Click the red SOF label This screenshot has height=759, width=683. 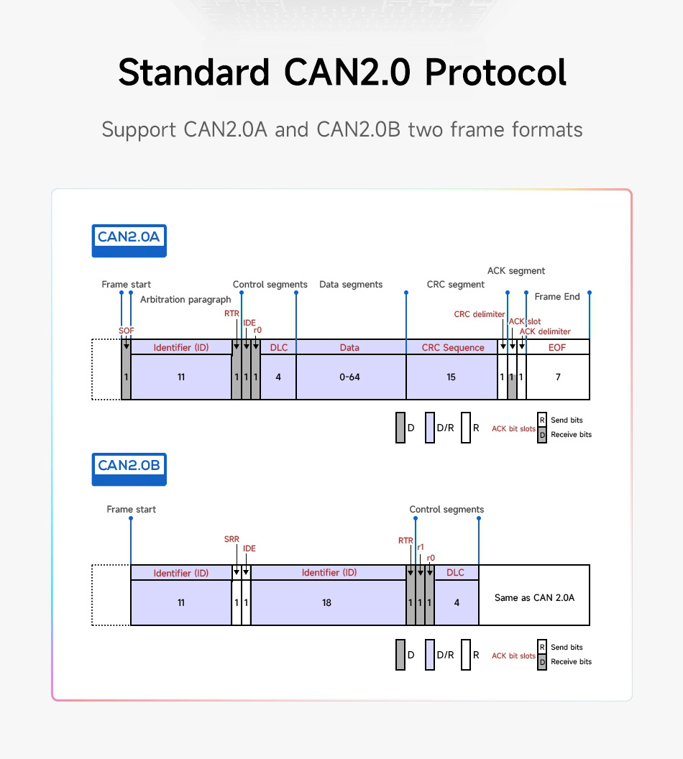coord(127,331)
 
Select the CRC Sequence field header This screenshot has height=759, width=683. coord(453,348)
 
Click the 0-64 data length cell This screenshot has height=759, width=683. coord(350,377)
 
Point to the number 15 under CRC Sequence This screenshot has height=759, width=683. coord(451,377)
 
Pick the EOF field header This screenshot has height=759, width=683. coord(557,348)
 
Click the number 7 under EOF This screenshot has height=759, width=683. coord(558,377)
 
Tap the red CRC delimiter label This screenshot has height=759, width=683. coord(480,315)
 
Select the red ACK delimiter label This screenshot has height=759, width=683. coord(545,331)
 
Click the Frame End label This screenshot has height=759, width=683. coord(557,297)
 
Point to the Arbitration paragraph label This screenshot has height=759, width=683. coord(185,300)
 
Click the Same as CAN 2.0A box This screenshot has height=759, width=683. coord(534,598)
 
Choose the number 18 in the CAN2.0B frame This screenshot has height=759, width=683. coord(327,603)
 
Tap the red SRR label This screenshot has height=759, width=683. coord(232,540)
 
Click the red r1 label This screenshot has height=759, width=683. coord(421,547)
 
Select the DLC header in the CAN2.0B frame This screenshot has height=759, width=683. coord(456,573)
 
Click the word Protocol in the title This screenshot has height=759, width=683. coord(495,73)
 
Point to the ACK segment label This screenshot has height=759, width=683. coord(516,271)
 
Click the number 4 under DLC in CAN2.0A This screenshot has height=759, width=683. coord(278,377)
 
